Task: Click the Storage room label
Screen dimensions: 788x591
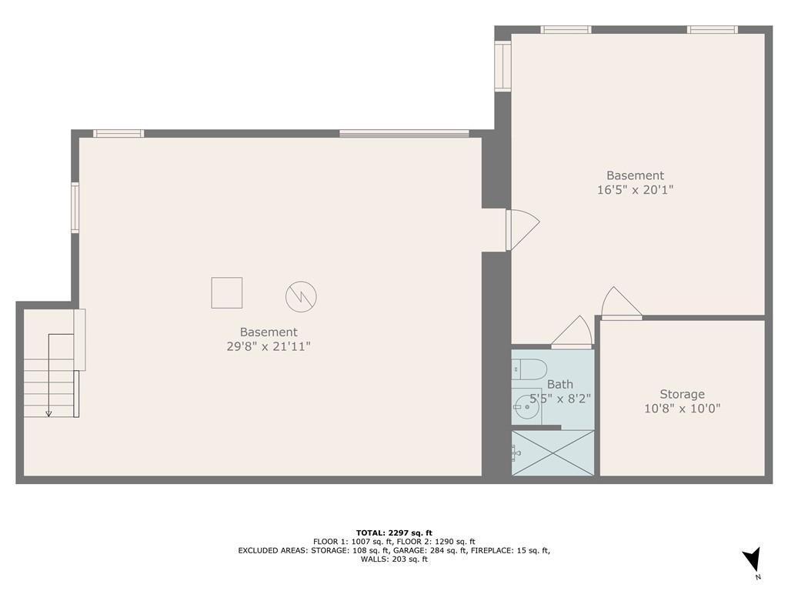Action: tap(682, 394)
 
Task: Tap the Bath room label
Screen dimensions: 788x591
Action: tap(560, 385)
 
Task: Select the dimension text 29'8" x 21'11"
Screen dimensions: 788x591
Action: tap(269, 346)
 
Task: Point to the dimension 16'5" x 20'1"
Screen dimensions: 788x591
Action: tap(635, 189)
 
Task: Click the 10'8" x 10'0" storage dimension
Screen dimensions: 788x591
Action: tap(682, 408)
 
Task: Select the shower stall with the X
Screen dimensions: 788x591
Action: tap(553, 452)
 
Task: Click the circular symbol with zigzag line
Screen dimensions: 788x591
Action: tap(301, 296)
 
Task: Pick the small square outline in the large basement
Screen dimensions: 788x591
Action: tap(227, 292)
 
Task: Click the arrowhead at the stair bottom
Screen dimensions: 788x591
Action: tap(48, 413)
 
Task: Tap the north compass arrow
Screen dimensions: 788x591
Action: tap(752, 559)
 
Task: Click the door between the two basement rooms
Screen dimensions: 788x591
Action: tap(523, 229)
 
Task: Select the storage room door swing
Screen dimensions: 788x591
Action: tap(622, 303)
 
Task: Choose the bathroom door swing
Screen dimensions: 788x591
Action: tap(572, 332)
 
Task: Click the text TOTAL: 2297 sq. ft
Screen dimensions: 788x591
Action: tap(394, 533)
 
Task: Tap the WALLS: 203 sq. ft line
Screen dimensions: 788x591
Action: tap(394, 559)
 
